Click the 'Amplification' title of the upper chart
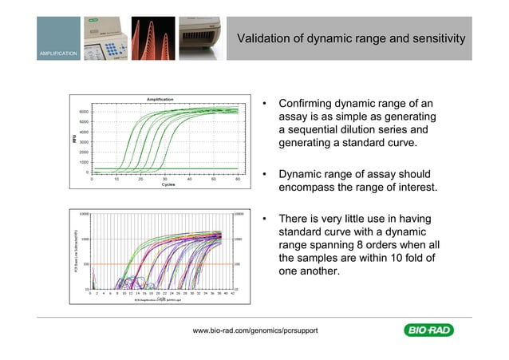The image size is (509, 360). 160,99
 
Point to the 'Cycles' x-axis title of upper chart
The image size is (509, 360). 168,184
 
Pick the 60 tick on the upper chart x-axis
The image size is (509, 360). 237,179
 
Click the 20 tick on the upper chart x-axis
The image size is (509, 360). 140,179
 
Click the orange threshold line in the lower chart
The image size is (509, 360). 160,263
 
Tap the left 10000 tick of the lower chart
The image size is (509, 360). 83,214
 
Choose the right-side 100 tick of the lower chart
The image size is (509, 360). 239,263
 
